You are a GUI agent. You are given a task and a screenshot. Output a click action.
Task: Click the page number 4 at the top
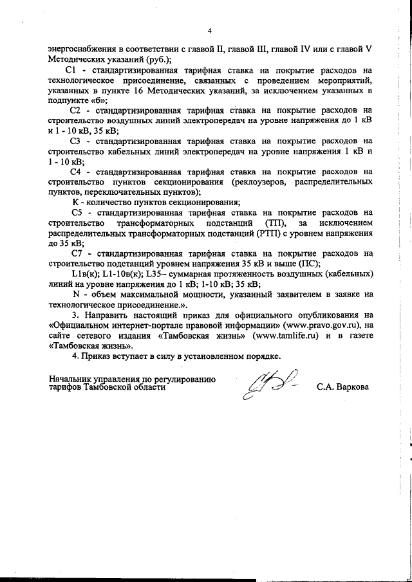click(x=209, y=31)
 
